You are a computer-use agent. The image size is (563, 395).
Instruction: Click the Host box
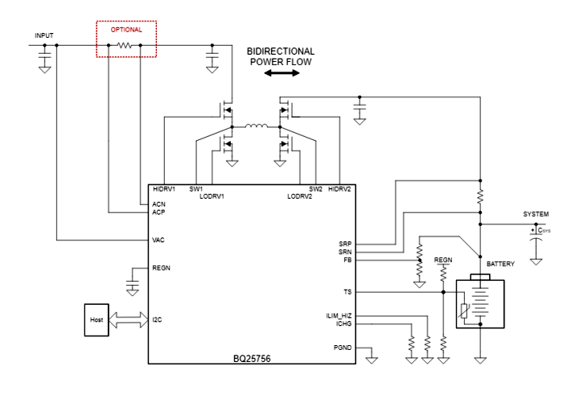(97, 319)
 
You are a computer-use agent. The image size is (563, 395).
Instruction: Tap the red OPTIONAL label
(126, 30)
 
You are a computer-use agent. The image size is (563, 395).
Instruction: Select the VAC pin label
(159, 240)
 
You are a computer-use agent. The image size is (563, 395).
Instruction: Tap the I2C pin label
(158, 319)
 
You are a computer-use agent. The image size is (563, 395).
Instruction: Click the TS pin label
(347, 291)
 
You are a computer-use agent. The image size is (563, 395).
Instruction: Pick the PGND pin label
(342, 347)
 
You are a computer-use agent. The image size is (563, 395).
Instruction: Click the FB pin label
(347, 260)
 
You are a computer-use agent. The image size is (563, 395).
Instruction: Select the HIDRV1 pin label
(164, 189)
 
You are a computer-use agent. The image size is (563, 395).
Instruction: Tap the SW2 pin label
(316, 189)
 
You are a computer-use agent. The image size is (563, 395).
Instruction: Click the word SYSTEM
(536, 215)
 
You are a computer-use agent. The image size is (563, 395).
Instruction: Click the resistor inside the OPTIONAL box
(125, 46)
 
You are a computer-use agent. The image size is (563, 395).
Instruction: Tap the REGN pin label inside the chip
(161, 267)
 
